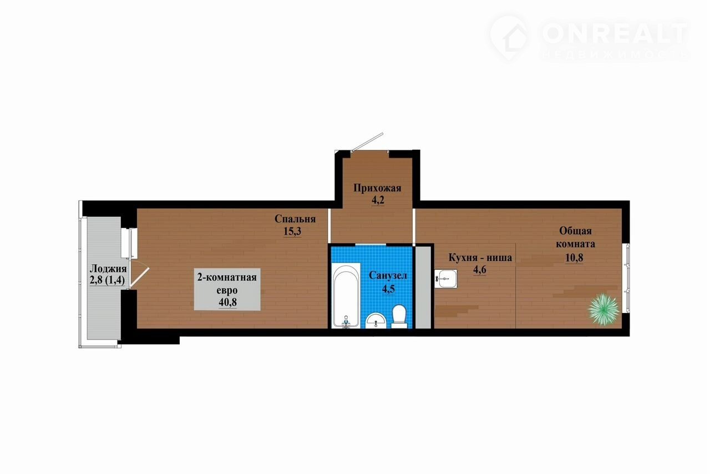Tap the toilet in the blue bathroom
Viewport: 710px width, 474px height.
click(x=399, y=316)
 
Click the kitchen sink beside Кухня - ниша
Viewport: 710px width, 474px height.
click(x=445, y=279)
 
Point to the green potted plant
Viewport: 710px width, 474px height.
click(x=603, y=309)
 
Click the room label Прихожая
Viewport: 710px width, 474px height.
click(x=377, y=188)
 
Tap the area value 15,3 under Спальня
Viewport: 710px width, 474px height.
click(x=292, y=231)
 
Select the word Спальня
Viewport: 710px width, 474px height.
click(x=295, y=219)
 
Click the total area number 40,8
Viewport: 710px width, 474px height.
click(x=227, y=302)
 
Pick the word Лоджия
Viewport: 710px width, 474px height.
click(x=108, y=269)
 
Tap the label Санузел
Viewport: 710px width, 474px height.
click(x=388, y=275)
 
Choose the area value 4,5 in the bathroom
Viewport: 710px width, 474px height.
click(x=388, y=289)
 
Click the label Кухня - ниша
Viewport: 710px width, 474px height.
click(x=480, y=258)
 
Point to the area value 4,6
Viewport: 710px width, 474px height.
click(x=480, y=270)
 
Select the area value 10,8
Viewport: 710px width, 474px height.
click(x=574, y=258)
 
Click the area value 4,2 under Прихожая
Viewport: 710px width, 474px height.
click(x=378, y=200)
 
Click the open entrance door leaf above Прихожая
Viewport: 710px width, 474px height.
click(x=368, y=141)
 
